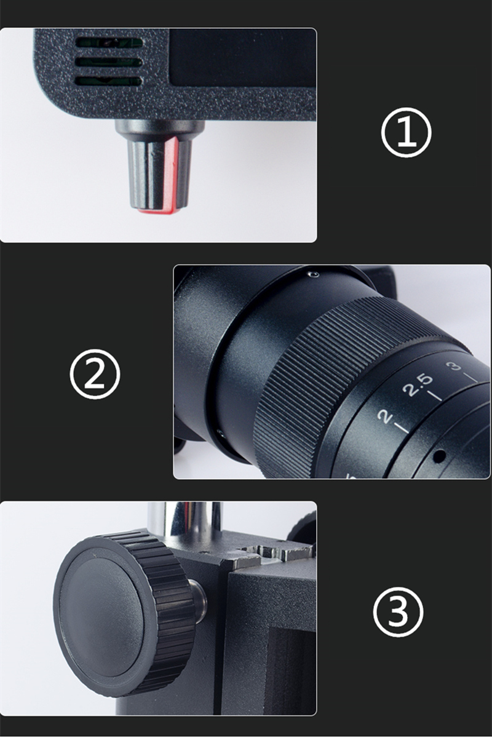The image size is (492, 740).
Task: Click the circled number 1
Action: click(406, 132)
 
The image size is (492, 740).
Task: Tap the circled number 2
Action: click(95, 374)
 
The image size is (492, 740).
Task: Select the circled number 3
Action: click(398, 612)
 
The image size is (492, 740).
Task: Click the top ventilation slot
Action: click(109, 42)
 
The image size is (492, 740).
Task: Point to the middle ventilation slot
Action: click(109, 62)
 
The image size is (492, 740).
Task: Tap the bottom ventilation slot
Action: click(109, 81)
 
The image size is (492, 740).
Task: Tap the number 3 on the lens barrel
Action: click(454, 366)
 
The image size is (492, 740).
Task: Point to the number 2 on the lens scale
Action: click(386, 416)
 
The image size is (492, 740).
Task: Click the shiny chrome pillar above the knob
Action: click(184, 520)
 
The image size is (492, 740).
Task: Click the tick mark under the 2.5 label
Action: click(435, 396)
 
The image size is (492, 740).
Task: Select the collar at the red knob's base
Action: click(160, 130)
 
